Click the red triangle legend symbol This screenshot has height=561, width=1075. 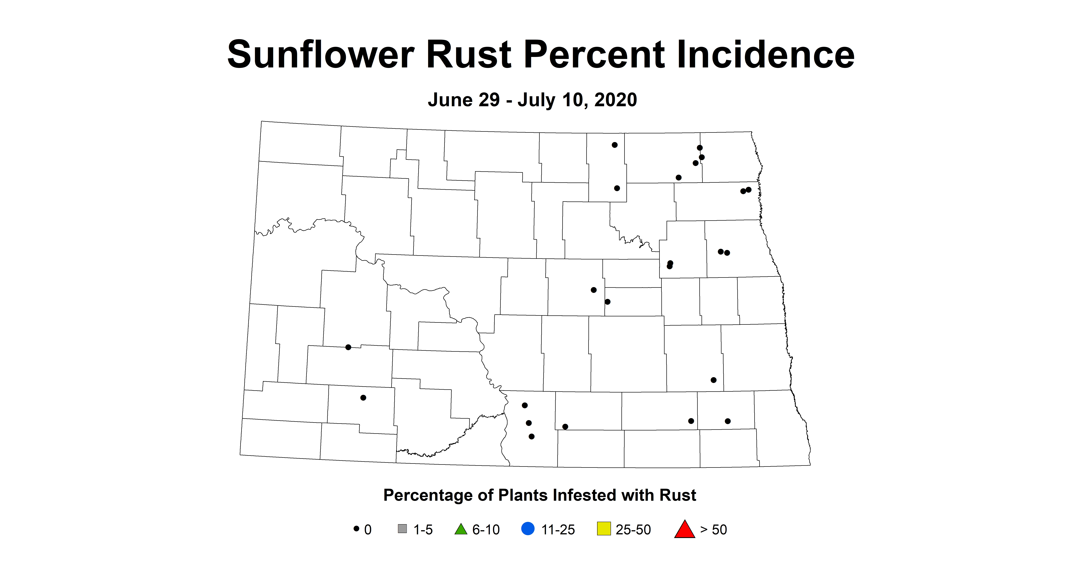[x=684, y=529]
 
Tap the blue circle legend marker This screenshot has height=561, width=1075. [x=528, y=529]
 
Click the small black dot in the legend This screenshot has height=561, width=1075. [x=356, y=528]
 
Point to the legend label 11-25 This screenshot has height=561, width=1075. [x=558, y=530]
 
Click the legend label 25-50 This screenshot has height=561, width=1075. [x=633, y=530]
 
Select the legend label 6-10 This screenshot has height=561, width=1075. [x=486, y=530]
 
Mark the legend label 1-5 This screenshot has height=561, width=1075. [x=423, y=530]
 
